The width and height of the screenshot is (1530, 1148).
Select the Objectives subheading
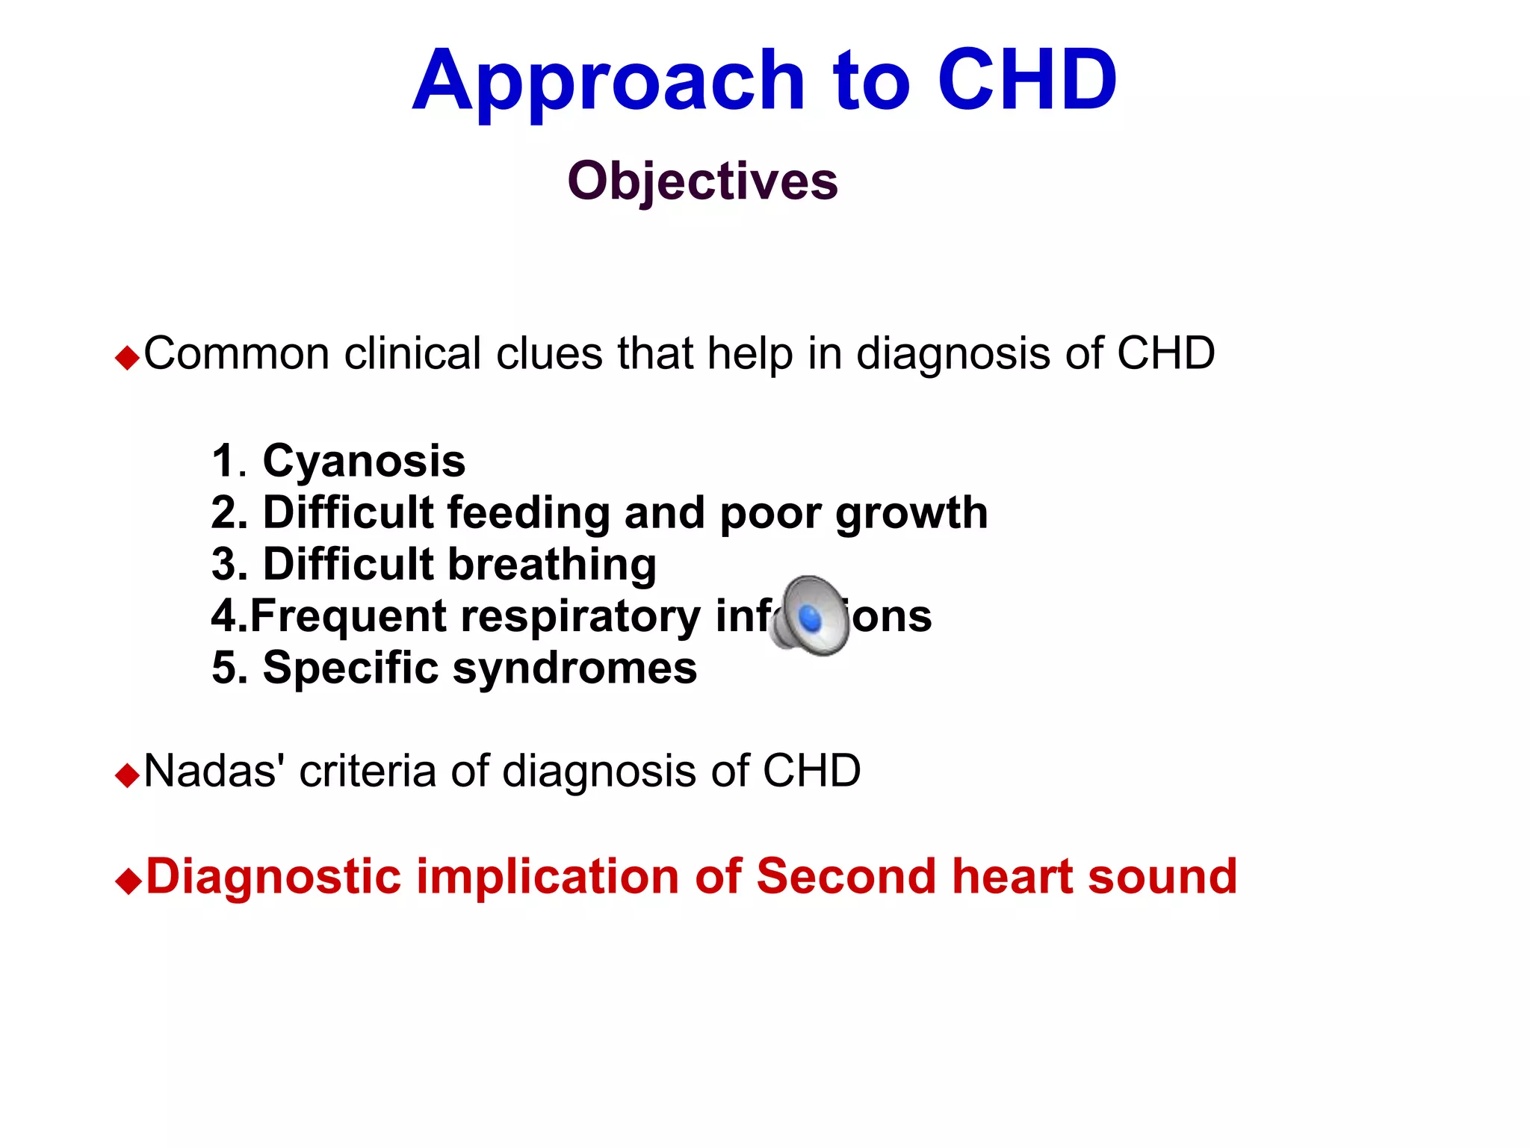702,181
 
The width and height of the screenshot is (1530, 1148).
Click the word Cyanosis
364,461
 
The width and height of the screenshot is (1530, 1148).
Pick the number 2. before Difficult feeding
229,513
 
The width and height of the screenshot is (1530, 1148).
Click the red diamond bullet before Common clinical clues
128,359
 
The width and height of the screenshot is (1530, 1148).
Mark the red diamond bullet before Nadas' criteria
128,775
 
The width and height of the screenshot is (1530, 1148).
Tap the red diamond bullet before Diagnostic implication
128,881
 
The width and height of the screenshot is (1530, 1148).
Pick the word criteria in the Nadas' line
368,770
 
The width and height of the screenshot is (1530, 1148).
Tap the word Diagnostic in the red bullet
273,876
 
